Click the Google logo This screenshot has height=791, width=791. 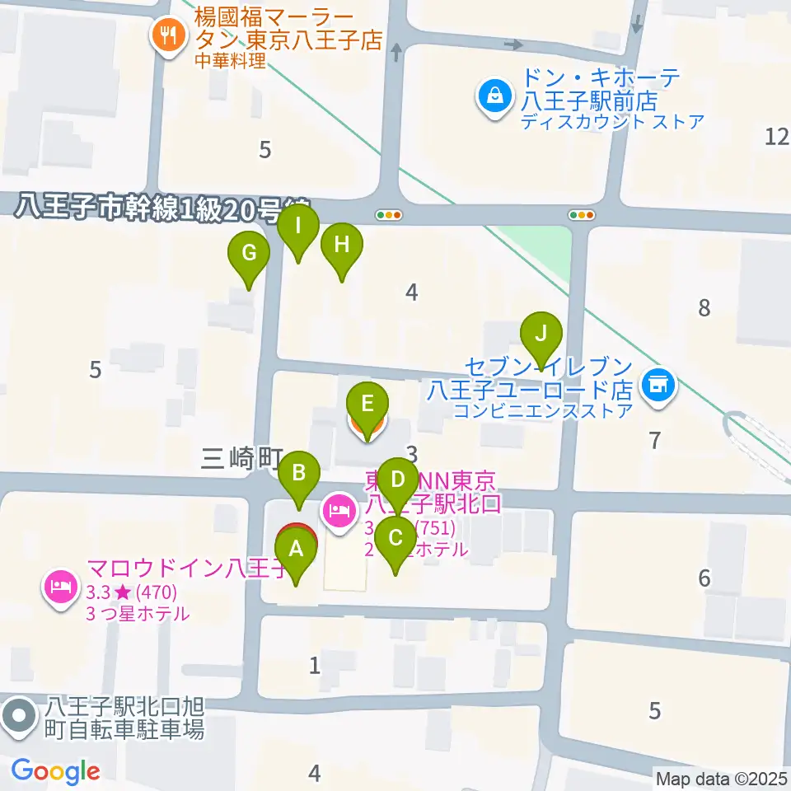55,771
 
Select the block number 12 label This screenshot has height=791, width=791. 777,137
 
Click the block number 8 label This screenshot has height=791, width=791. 703,309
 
